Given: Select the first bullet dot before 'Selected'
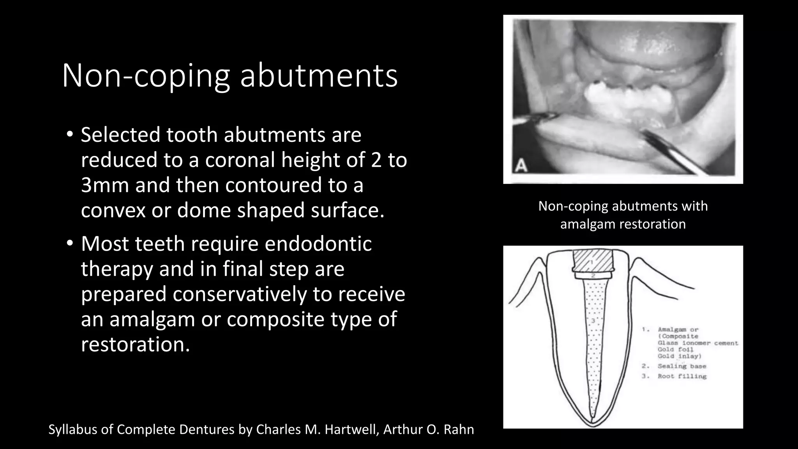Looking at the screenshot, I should coord(69,134).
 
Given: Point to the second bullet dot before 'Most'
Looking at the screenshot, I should coord(69,244).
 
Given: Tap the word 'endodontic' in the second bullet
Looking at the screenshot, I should coord(318,244).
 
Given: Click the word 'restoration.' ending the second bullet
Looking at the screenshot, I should coord(135,345).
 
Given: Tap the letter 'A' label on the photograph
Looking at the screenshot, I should coord(521,166).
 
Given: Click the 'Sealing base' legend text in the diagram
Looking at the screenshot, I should coord(682,366).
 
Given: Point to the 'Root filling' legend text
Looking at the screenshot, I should coord(682,377).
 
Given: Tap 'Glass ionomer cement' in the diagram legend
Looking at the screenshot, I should coord(698,343).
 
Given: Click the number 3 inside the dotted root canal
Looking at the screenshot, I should coord(592,321).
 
